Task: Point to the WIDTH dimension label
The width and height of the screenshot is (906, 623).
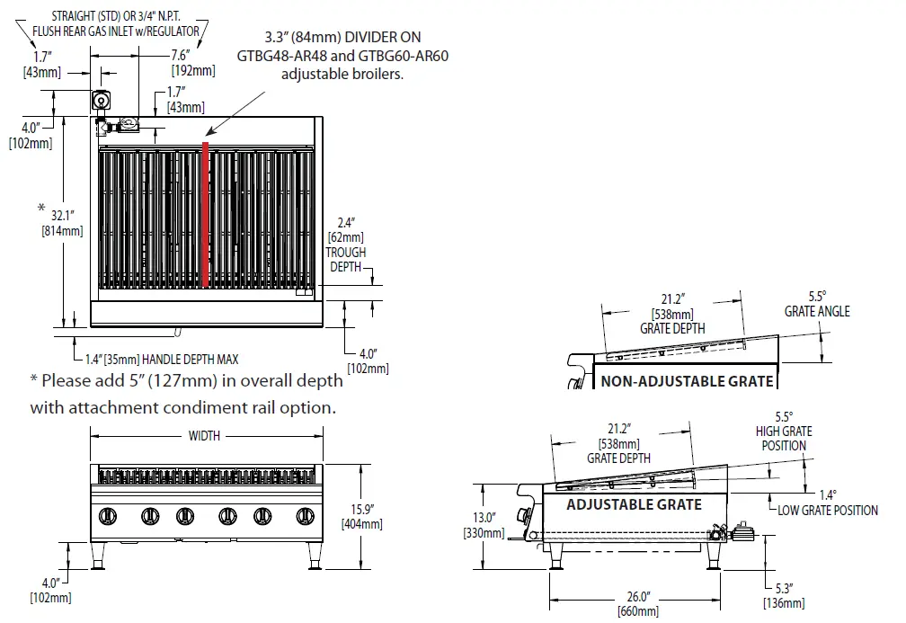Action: [204, 436]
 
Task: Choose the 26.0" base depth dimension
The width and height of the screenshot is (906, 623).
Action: [637, 596]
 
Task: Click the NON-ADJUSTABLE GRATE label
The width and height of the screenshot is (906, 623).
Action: [687, 380]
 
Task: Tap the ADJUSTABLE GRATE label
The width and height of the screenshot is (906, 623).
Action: [634, 504]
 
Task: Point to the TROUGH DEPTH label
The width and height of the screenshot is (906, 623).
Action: [346, 261]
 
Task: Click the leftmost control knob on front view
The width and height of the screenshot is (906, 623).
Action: [108, 516]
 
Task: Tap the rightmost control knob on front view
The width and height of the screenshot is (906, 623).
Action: [303, 516]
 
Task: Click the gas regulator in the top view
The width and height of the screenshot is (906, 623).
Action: [102, 101]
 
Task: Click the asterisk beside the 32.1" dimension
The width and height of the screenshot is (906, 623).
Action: [41, 209]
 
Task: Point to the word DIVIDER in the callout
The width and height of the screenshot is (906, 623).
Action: [370, 39]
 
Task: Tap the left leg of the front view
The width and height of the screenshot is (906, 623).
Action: [105, 557]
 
